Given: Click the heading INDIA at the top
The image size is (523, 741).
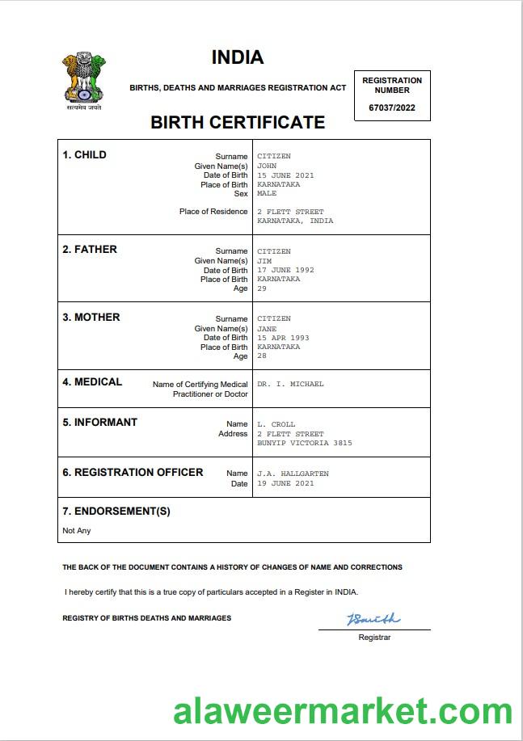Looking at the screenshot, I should [238, 57].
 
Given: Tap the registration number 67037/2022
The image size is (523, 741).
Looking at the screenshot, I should [392, 108].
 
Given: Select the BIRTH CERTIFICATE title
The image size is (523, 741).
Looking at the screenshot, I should [238, 123].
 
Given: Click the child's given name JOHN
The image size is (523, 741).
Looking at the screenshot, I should [267, 166].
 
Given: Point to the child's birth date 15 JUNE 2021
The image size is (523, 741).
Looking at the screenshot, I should [285, 175].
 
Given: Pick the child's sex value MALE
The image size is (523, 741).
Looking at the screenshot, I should [267, 194].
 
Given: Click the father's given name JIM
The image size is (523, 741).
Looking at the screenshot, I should [264, 261].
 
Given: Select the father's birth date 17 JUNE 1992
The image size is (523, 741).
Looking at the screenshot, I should [285, 270].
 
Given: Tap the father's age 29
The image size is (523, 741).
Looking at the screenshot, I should [262, 288].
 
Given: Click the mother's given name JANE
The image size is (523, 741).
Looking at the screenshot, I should [267, 329].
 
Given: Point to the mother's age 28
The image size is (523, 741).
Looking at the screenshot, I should [262, 356].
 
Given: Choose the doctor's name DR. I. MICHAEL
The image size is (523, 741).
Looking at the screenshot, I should [290, 385].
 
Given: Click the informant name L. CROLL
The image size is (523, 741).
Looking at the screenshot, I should [276, 424].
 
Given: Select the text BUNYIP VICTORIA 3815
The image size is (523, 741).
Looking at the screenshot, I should [305, 443].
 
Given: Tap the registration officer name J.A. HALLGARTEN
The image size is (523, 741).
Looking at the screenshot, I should [293, 474].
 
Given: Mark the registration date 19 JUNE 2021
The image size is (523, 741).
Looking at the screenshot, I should [285, 483].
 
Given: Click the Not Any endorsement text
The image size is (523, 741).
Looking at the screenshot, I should [77, 531].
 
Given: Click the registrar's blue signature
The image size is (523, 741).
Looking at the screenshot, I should [373, 619].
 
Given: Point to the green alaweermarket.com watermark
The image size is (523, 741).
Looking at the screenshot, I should [343, 711].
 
